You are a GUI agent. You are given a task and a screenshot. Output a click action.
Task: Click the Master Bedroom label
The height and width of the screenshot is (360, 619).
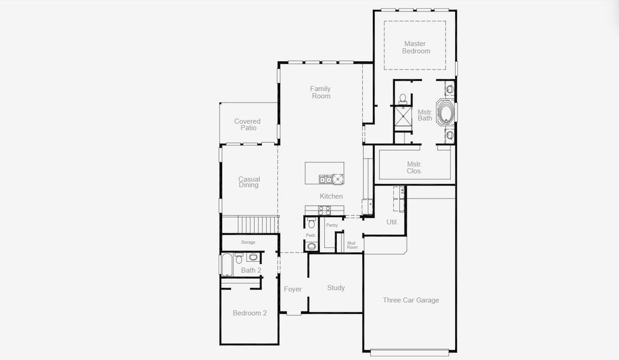[416, 47]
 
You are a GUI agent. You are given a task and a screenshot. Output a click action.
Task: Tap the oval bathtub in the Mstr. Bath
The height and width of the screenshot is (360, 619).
[445, 113]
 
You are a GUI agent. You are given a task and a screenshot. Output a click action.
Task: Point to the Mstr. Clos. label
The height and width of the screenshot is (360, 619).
[414, 167]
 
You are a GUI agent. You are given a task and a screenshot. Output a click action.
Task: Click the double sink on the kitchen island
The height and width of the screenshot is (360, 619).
[325, 179]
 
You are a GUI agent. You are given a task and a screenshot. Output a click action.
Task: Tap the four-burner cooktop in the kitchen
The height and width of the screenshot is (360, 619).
[324, 210]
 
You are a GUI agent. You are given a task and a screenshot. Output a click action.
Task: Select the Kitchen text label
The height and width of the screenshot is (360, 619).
[331, 196]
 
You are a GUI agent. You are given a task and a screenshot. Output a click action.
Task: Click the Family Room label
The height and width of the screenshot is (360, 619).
[321, 92]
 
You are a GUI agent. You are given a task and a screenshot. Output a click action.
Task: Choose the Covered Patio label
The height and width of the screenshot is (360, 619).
[247, 125]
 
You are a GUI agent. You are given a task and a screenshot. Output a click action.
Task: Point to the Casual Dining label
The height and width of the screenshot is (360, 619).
[249, 182]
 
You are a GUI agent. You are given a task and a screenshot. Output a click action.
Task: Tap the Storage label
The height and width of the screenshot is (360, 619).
[248, 242]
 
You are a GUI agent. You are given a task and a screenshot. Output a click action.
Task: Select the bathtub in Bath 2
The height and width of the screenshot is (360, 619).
[227, 264]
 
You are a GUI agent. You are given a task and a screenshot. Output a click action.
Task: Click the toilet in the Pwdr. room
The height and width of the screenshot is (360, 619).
[311, 224]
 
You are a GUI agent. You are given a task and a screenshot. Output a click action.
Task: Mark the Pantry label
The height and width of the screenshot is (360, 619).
[332, 225]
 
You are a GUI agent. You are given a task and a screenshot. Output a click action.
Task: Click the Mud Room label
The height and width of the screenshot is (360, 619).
[352, 245]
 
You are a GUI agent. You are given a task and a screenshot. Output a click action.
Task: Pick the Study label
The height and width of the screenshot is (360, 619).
[336, 288]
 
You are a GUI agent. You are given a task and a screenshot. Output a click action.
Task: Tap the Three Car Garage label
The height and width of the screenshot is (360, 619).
[411, 300]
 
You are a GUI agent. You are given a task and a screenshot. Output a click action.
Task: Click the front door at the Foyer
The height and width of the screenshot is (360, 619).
[294, 313]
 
